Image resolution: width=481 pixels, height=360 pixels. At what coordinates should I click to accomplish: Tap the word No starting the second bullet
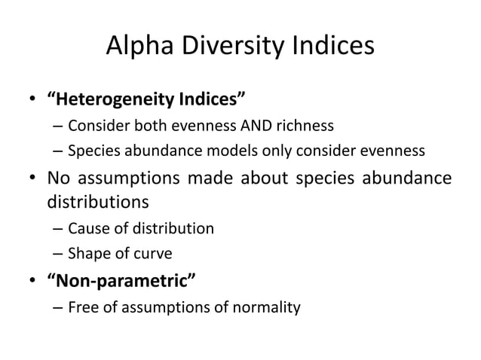coord(60,178)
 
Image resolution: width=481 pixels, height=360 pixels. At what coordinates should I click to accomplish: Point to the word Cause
coord(87,228)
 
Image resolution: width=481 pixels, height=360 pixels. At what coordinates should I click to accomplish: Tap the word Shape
coord(87,254)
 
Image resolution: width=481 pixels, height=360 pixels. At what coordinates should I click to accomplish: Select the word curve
coord(155,254)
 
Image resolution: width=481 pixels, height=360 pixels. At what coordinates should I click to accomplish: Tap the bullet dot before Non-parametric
coord(32,282)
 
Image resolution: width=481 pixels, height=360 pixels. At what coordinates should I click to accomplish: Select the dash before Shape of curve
coord(57,254)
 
